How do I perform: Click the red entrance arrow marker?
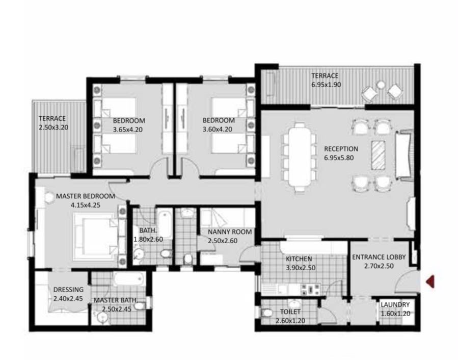[430, 281]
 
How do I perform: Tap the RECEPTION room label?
[341, 148]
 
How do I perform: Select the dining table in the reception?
[299, 157]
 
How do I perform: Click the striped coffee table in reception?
[378, 155]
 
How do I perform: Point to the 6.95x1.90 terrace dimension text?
[326, 85]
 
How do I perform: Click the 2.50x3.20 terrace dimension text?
[53, 127]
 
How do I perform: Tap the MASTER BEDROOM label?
[85, 196]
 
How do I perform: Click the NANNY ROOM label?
[230, 232]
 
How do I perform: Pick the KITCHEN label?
[299, 259]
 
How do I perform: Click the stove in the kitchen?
[311, 289]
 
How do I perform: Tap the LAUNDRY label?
[395, 305]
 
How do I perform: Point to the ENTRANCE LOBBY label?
[379, 257]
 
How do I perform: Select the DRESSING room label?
[68, 290]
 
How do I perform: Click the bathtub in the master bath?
[129, 279]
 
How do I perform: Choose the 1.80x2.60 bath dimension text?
[148, 239]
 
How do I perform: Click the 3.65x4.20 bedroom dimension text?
[128, 130]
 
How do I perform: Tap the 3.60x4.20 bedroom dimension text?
[218, 129]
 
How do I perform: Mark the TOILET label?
[290, 312]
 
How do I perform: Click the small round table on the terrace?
[381, 85]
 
